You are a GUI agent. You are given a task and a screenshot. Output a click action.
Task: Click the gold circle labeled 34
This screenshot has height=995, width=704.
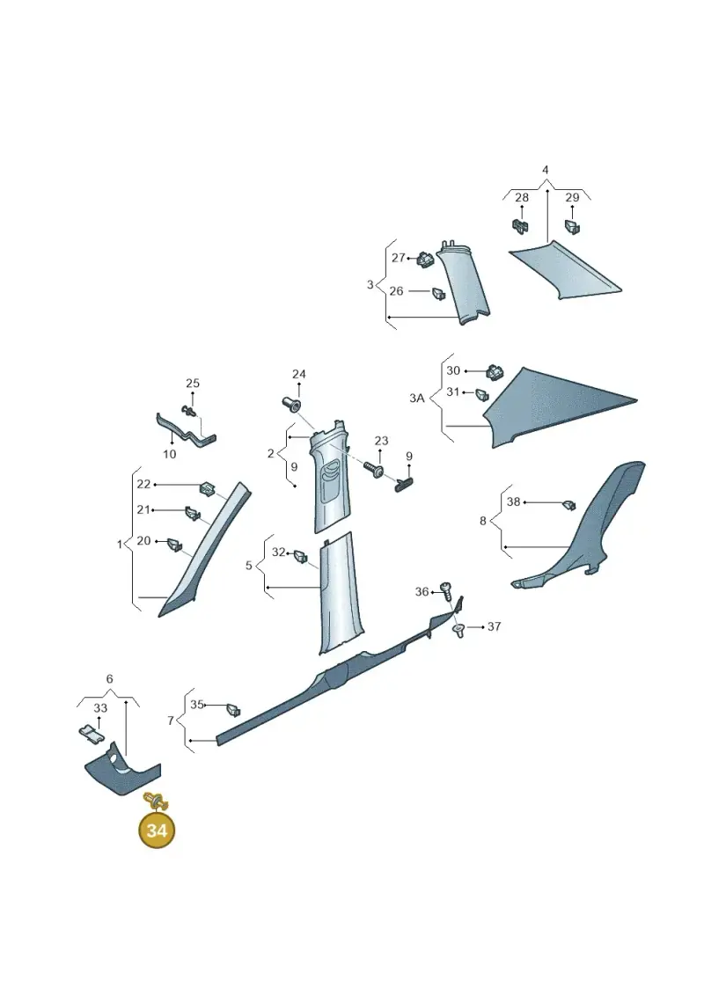156,830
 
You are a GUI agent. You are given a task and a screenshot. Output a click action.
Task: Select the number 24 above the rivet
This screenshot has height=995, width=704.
299,374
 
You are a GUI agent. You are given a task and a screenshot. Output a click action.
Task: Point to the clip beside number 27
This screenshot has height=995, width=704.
425,259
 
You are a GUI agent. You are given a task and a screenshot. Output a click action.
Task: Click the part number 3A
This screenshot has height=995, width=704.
416,398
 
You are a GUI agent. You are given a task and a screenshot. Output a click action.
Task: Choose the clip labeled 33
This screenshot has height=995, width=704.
92,735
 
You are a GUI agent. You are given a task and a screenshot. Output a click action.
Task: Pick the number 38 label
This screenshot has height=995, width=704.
514,501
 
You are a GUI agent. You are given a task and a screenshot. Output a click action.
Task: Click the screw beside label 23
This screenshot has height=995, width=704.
373,470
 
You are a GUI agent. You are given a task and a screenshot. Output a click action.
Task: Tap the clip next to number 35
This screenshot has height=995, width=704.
233,709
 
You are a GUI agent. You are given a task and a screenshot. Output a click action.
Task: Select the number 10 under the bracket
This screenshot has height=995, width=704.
170,454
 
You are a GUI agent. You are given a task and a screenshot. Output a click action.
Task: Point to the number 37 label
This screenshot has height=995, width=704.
494,626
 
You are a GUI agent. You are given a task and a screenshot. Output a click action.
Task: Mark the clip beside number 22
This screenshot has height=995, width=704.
207,488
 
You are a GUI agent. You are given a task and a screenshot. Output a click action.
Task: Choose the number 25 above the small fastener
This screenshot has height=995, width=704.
193,383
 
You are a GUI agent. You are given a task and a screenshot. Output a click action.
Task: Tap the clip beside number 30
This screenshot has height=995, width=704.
494,371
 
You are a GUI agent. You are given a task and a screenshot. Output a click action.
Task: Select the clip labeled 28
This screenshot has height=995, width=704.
521,227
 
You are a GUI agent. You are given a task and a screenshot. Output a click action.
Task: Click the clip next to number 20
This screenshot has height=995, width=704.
174,544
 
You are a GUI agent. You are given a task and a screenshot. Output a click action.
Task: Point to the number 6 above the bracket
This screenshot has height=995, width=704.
109,679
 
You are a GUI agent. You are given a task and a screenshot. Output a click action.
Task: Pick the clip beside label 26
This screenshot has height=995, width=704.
438,293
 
